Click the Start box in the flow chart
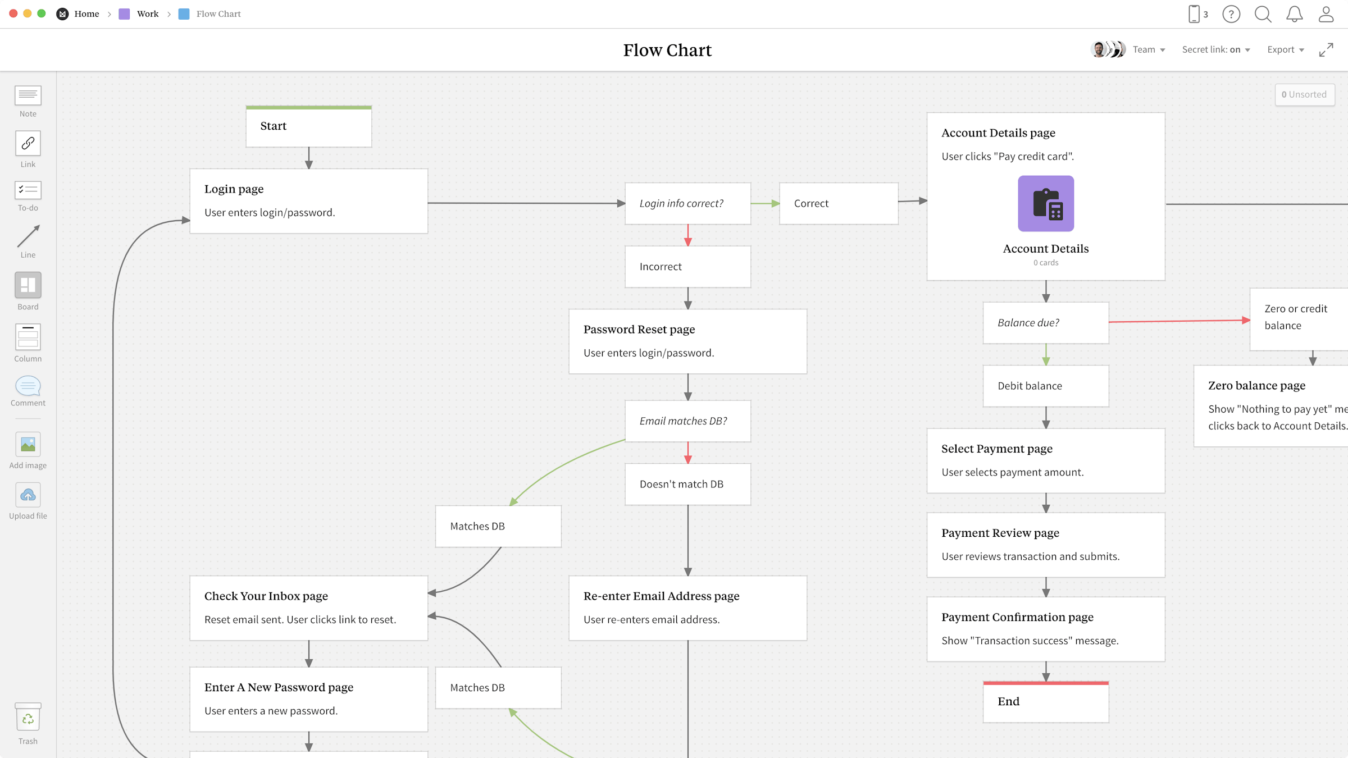point(308,127)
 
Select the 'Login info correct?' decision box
point(687,203)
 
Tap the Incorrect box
point(687,267)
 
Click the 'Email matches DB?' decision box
point(687,421)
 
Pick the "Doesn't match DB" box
point(687,484)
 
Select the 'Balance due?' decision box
point(1045,323)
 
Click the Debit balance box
point(1045,386)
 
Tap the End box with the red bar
point(1045,702)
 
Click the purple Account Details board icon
point(1045,203)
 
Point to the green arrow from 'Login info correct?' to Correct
point(764,203)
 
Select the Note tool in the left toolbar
point(28,95)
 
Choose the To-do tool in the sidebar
point(28,190)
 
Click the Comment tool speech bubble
point(28,386)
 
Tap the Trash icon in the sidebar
point(28,718)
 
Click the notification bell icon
point(1295,14)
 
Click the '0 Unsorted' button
point(1304,94)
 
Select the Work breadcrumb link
point(148,14)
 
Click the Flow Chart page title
point(667,50)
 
